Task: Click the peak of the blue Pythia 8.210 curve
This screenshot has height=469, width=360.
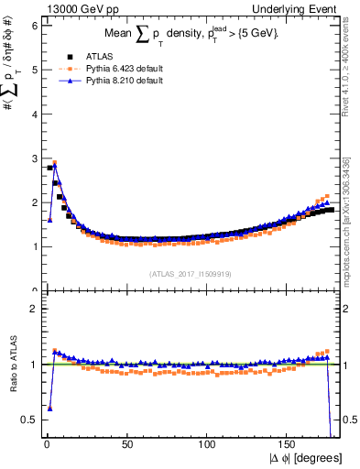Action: point(55,166)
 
